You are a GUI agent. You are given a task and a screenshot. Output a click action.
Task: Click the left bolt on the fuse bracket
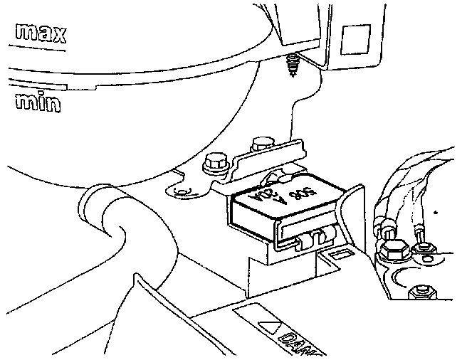coord(212,162)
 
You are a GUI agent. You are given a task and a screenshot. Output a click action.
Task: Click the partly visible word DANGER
coord(299,341)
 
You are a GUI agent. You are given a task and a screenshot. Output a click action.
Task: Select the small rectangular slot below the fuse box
coord(337,253)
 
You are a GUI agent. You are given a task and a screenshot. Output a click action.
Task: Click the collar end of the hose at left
coord(91,203)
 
